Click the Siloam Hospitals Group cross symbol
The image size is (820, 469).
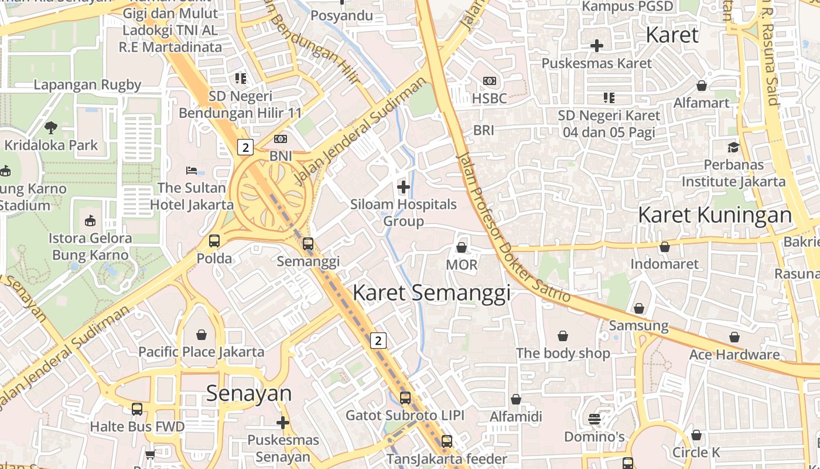point(403,188)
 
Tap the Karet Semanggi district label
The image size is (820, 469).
point(432,293)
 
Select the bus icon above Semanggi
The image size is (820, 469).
point(308,244)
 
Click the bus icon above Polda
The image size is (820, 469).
point(214,241)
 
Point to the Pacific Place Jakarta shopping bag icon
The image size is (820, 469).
point(201,335)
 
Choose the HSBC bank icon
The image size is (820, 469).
point(489,81)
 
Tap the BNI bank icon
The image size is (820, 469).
point(281,139)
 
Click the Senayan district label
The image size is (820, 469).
point(248,393)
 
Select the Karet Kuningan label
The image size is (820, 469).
point(715,215)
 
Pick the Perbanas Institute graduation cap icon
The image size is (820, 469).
point(733,147)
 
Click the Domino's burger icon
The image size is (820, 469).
point(594,419)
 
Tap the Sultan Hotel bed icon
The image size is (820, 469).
point(192,171)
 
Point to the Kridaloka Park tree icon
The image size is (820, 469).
point(51,127)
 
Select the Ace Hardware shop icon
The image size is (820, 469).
point(734,337)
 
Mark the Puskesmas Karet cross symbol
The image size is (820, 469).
point(596,45)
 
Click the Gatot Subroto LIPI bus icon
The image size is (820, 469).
point(405,397)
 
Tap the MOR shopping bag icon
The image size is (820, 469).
point(462,247)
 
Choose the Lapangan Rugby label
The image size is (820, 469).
point(87,84)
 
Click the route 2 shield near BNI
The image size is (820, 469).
point(245,147)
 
